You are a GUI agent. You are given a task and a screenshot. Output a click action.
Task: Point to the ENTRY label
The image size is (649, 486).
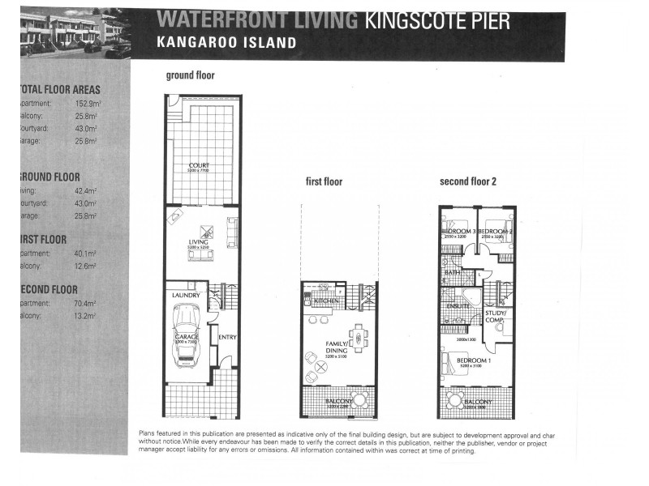226,337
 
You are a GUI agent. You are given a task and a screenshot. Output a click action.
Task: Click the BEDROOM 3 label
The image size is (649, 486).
458,232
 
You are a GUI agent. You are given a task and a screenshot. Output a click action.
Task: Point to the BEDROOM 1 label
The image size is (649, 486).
470,361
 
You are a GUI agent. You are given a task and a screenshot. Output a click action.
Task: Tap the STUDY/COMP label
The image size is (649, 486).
496,316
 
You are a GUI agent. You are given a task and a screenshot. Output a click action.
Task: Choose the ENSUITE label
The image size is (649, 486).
458,305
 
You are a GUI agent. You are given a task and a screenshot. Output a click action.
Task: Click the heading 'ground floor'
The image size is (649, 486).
190,76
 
